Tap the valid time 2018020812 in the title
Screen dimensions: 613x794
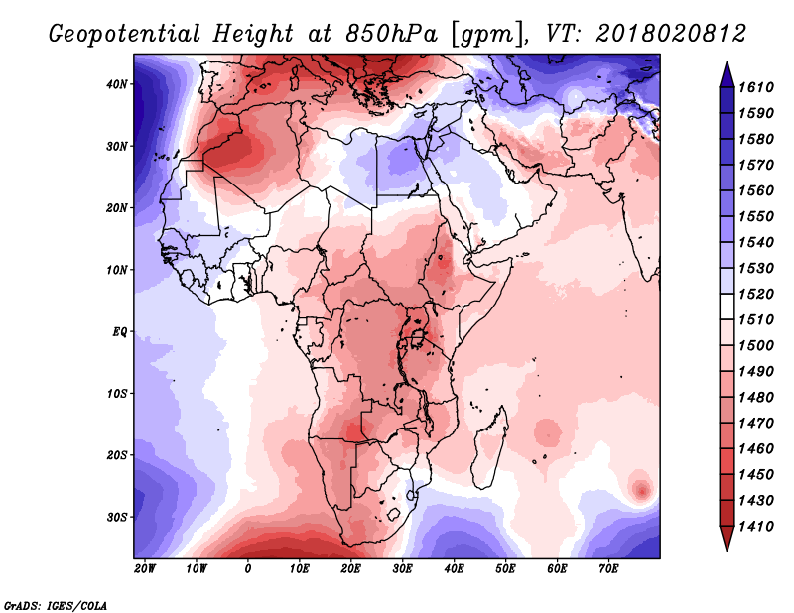pos(672,34)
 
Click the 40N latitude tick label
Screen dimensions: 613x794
pos(116,84)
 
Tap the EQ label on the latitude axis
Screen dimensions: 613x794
pos(119,331)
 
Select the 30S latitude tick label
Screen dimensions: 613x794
pos(116,517)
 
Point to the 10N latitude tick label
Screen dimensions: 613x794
pos(116,270)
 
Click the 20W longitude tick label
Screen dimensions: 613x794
pos(145,569)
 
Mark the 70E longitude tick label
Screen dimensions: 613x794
pos(608,569)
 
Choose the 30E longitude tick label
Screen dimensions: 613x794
pos(402,569)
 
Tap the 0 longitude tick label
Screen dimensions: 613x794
pos(248,569)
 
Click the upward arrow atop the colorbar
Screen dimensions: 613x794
pos(726,71)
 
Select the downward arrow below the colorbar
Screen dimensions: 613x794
pos(726,541)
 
